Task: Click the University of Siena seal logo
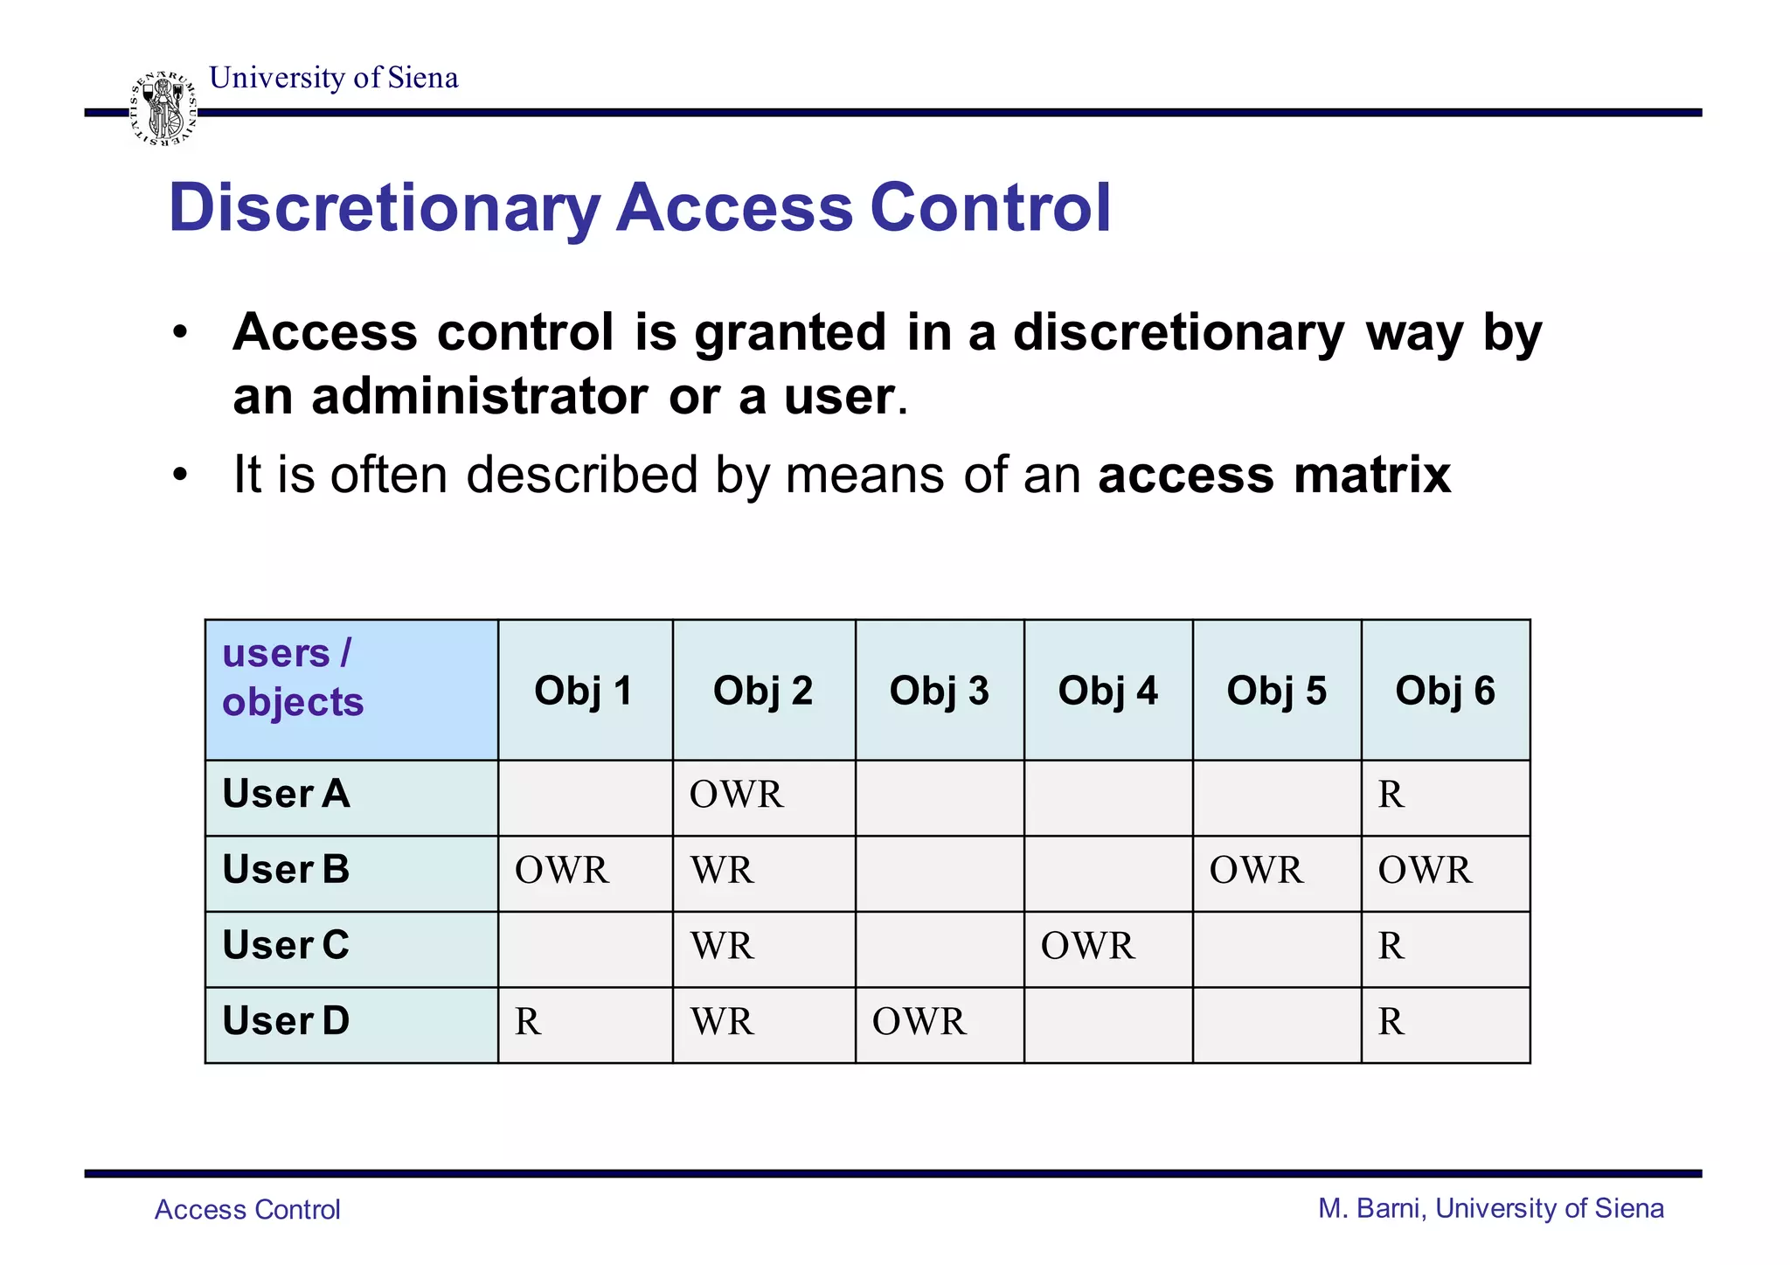pyautogui.click(x=163, y=109)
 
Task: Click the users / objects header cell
pyautogui.click(x=350, y=689)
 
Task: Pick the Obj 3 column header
pyautogui.click(x=939, y=691)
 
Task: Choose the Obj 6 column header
pyautogui.click(x=1445, y=691)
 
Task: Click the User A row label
pyautogui.click(x=287, y=794)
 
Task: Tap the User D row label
pyautogui.click(x=287, y=1021)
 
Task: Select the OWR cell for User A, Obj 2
pyautogui.click(x=737, y=795)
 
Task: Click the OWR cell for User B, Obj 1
pyautogui.click(x=562, y=871)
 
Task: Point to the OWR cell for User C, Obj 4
pyautogui.click(x=1088, y=946)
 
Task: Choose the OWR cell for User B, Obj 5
pyautogui.click(x=1257, y=871)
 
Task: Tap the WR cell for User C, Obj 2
pyautogui.click(x=722, y=946)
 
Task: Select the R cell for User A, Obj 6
pyautogui.click(x=1391, y=795)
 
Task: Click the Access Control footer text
pyautogui.click(x=247, y=1209)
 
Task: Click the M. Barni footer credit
pyautogui.click(x=1490, y=1208)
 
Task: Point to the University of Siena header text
pyautogui.click(x=334, y=78)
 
